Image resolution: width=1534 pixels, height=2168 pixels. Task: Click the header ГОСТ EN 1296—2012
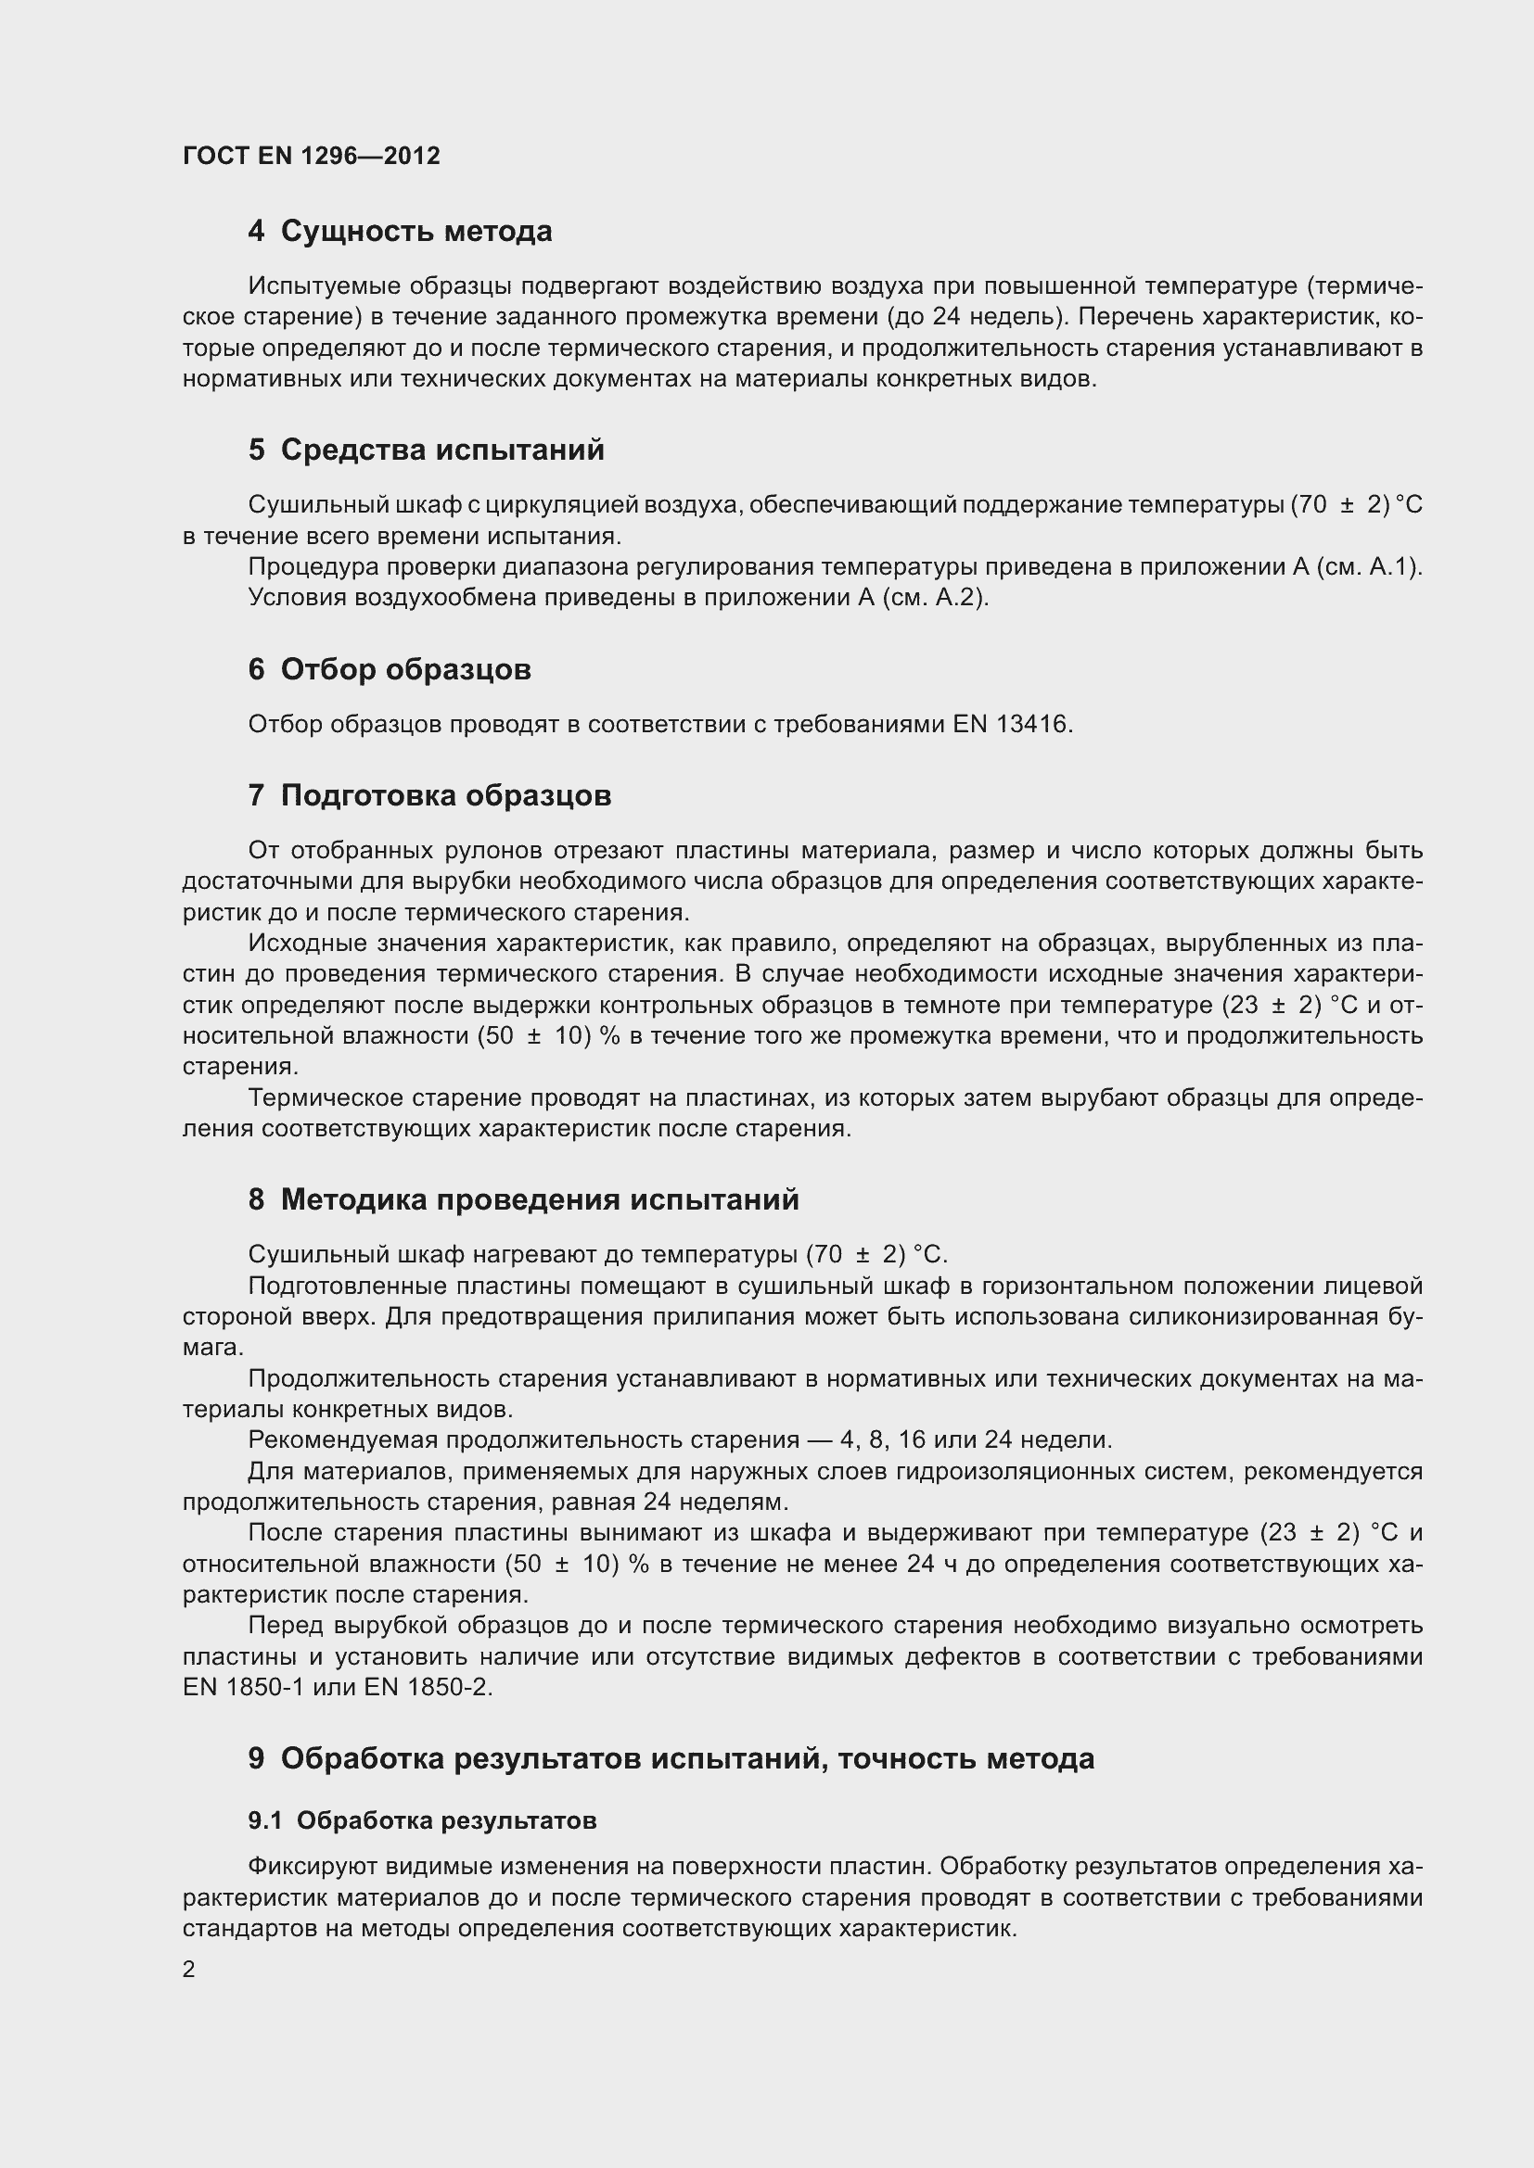click(x=311, y=156)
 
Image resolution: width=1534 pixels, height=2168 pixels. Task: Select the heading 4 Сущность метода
click(x=400, y=232)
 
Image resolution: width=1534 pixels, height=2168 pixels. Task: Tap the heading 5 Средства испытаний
click(x=426, y=450)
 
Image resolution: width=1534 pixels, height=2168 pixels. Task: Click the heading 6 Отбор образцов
click(x=390, y=669)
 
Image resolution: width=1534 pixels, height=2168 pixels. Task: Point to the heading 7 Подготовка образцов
click(x=429, y=795)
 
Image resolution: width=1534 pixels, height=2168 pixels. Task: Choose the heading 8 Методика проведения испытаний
click(x=523, y=1199)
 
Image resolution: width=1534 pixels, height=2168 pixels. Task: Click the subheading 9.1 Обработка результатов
click(x=422, y=1820)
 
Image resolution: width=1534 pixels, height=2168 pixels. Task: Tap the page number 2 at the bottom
click(x=189, y=1969)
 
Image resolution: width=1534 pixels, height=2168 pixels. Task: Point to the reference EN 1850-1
click(x=244, y=1687)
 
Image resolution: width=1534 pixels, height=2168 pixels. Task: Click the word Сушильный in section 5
click(x=307, y=505)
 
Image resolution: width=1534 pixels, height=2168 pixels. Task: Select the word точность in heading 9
click(x=907, y=1758)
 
